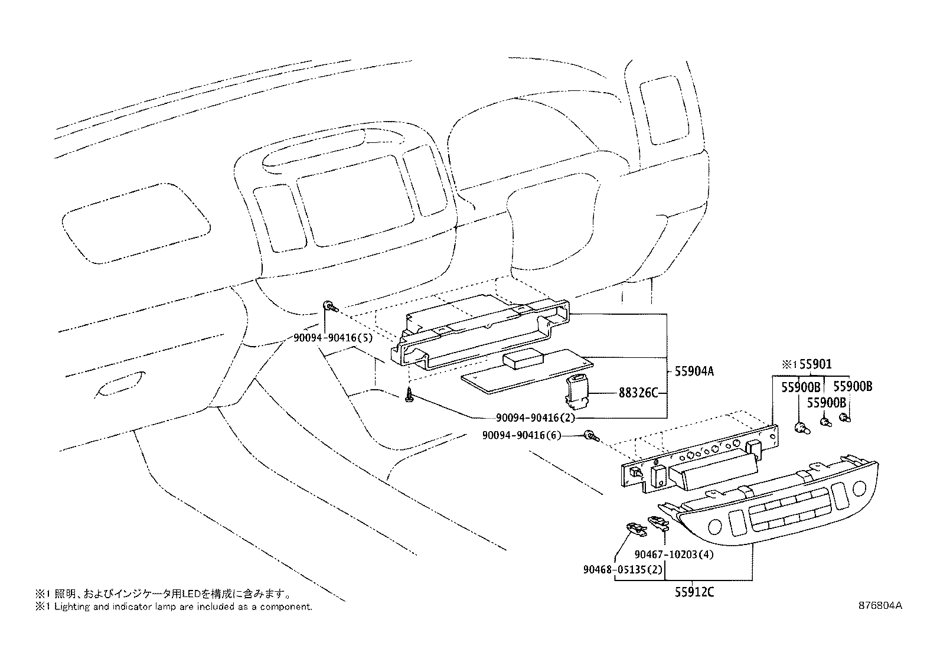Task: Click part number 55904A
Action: [x=694, y=371]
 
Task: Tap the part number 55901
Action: [x=815, y=365]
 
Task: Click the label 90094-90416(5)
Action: [x=332, y=338]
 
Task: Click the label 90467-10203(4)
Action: [x=675, y=555]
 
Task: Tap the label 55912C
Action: [x=694, y=592]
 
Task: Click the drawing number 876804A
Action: [x=880, y=605]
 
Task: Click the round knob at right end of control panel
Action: [x=859, y=489]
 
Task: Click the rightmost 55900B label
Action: [x=852, y=387]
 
